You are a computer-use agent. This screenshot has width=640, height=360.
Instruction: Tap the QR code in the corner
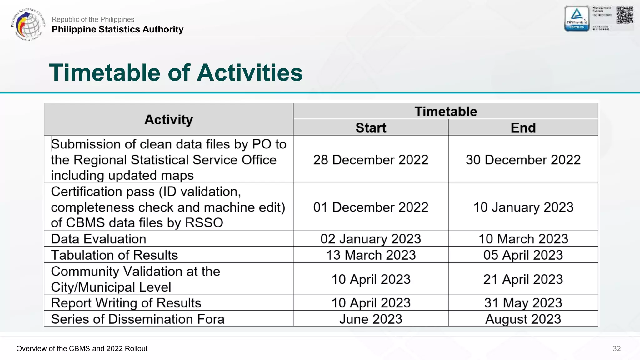(624, 15)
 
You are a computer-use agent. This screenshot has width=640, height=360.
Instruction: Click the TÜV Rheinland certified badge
(577, 19)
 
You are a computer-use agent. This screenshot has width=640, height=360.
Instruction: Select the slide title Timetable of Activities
(176, 73)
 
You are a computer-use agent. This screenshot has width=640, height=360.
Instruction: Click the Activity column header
(168, 120)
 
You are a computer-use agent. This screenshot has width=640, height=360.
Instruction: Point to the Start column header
(371, 128)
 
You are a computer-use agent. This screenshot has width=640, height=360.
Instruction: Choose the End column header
(523, 128)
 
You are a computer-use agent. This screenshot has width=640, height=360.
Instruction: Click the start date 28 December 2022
(371, 160)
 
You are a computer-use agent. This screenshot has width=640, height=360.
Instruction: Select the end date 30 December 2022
(523, 160)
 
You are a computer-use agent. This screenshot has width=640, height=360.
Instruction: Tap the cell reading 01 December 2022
(371, 207)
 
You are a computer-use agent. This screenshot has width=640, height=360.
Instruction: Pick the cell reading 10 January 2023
(523, 207)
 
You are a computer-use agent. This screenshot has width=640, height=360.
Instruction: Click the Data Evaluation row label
(98, 239)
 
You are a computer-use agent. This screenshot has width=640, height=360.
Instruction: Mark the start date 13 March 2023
(371, 255)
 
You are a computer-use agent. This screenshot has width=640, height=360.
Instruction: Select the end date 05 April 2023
(523, 255)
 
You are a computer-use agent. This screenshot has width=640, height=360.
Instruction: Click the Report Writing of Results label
(126, 303)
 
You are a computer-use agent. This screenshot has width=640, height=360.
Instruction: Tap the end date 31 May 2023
(523, 303)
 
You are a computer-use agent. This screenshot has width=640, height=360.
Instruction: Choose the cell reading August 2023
(523, 319)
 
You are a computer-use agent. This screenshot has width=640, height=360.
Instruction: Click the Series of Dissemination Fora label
(137, 319)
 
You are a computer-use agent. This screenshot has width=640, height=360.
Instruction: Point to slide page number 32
(616, 349)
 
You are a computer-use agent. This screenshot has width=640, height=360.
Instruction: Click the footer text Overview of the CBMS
(82, 349)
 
